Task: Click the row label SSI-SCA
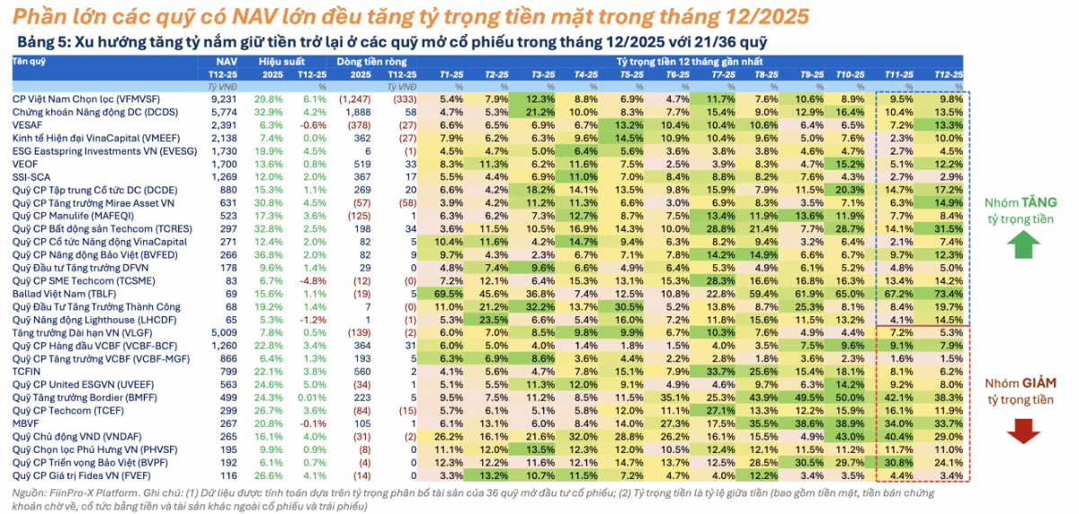tap(30, 177)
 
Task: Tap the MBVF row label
tap(24, 422)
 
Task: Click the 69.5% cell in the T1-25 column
tap(449, 293)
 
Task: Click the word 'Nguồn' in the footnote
tap(30, 492)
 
